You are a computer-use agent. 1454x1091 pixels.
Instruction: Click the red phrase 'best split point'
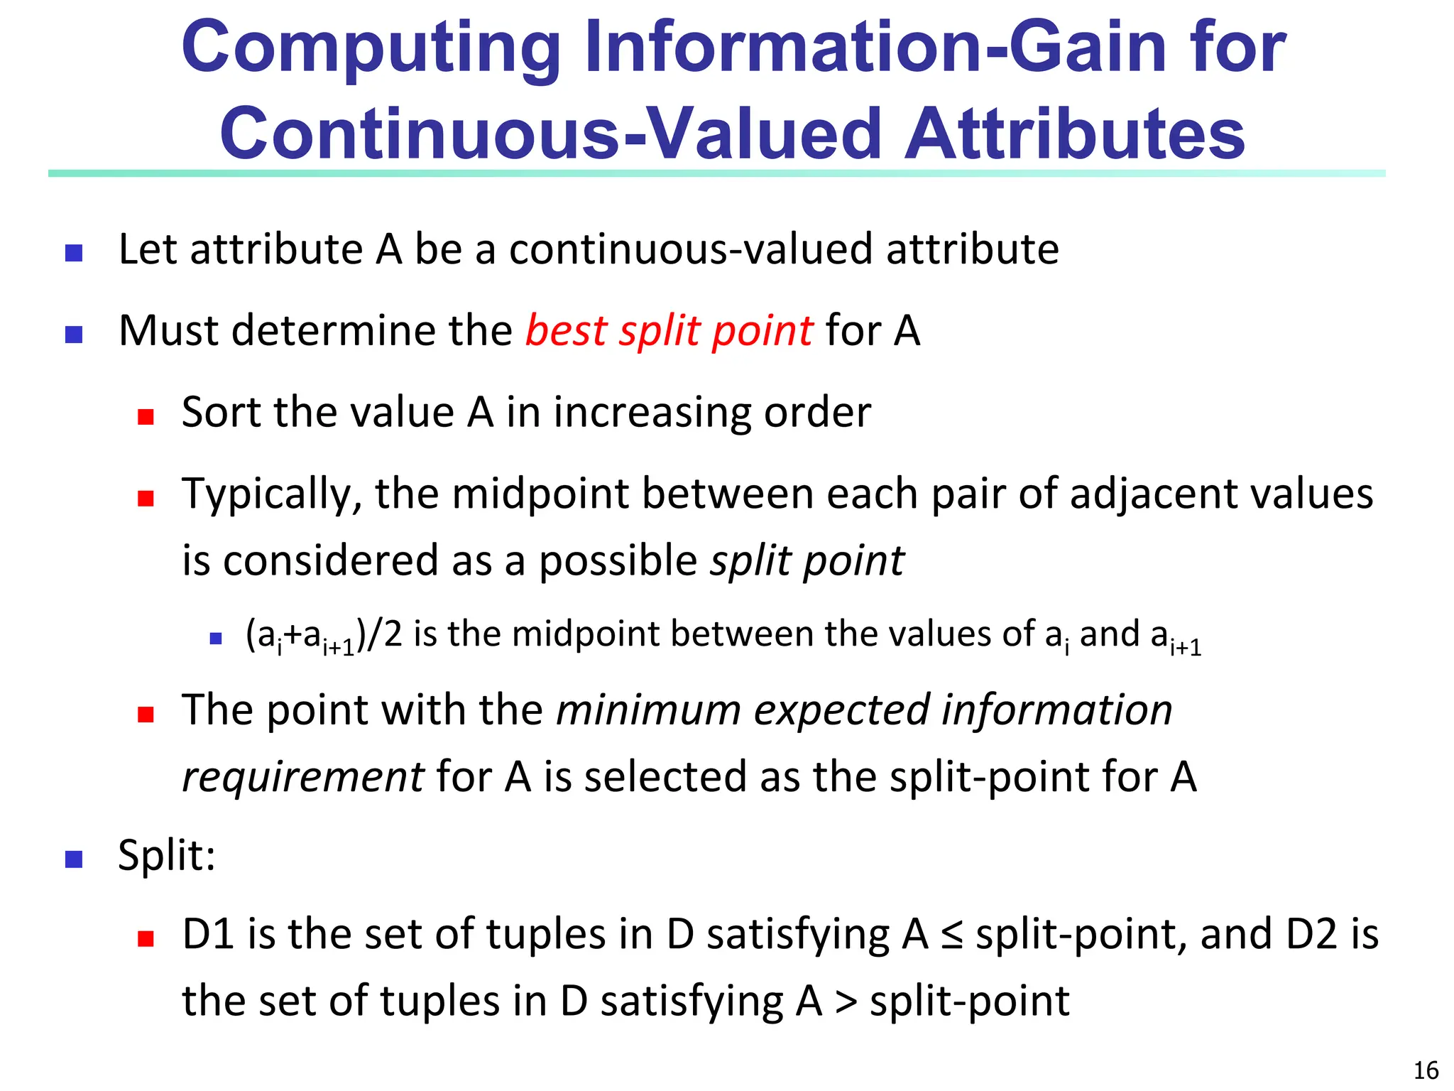(x=669, y=331)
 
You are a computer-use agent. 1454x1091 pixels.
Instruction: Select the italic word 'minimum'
(x=648, y=710)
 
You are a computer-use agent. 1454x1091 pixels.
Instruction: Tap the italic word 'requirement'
(x=303, y=776)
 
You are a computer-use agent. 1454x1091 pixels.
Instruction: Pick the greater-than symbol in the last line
(x=846, y=1002)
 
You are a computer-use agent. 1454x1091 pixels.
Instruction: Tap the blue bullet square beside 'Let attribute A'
(x=74, y=253)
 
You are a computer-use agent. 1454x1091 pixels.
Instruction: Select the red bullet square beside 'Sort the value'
(x=146, y=416)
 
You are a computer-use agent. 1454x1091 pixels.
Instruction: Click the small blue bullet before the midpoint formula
(x=217, y=639)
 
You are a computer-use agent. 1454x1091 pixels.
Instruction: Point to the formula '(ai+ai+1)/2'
(x=324, y=635)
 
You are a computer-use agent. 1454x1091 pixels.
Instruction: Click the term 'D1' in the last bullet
(x=208, y=935)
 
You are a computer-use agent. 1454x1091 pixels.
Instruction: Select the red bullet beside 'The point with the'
(x=146, y=714)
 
